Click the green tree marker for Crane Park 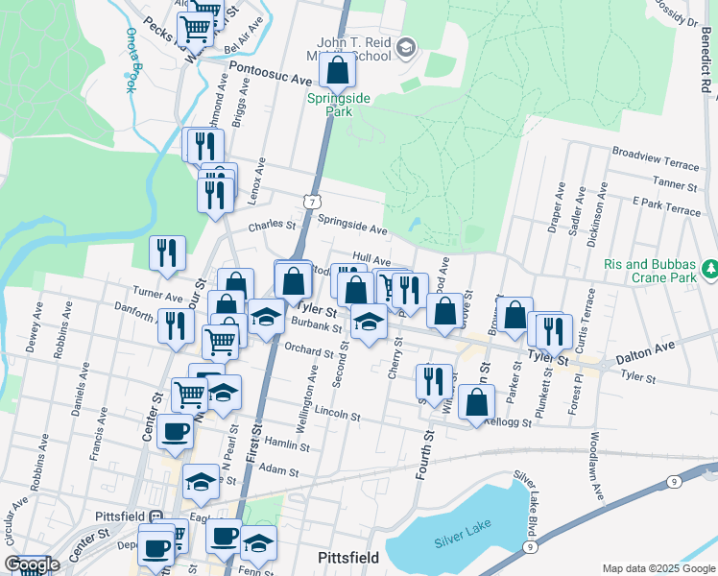click(709, 266)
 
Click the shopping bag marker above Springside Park click(337, 70)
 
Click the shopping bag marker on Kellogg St click(476, 403)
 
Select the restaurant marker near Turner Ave click(167, 253)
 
